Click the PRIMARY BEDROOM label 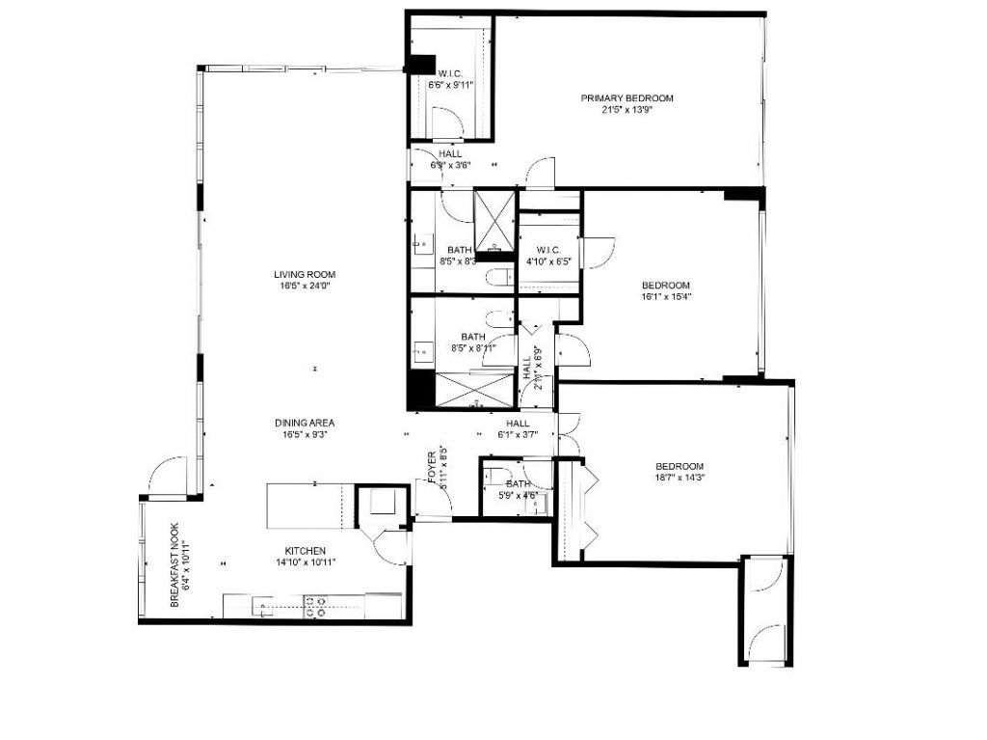point(627,97)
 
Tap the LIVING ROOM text point(305,275)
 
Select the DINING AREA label point(305,423)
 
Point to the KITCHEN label point(305,550)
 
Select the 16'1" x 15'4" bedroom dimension point(666,297)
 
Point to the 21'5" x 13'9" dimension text point(627,110)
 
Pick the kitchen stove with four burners point(316,606)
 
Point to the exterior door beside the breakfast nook point(166,476)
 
